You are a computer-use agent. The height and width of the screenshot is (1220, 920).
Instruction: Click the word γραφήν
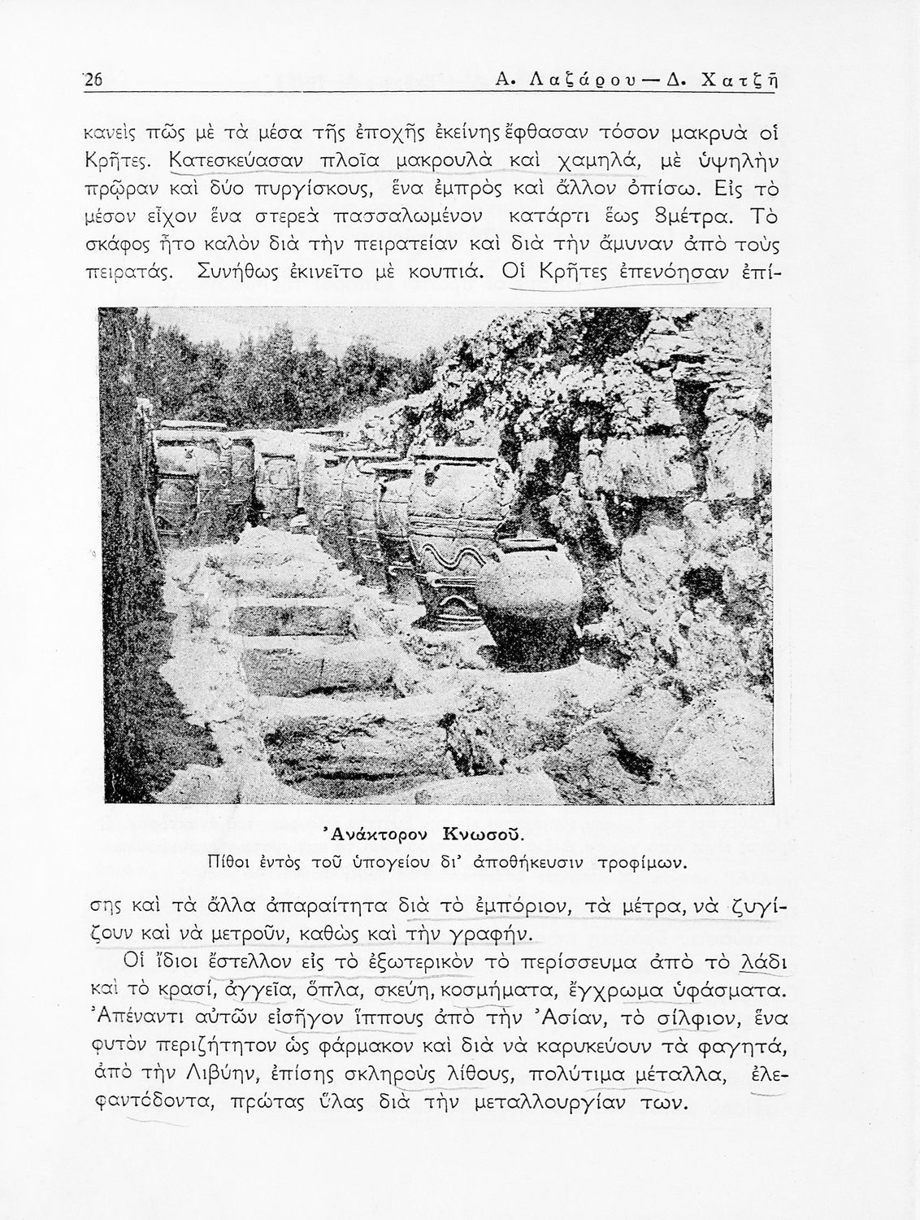tap(486, 932)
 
